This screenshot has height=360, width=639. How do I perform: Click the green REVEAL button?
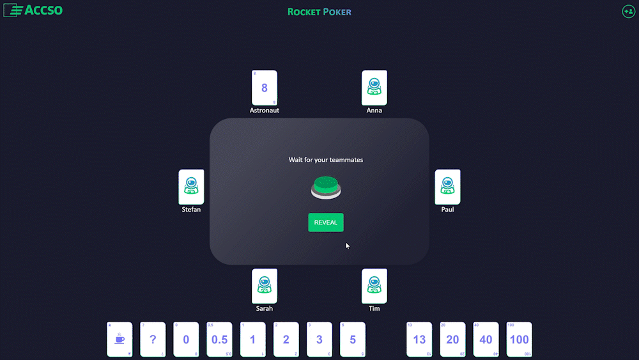[326, 223]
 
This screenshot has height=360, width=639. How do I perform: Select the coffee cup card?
[119, 340]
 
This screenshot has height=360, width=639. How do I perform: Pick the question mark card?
[153, 340]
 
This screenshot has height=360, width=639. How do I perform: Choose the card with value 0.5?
[219, 340]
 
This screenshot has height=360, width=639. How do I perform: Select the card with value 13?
[419, 340]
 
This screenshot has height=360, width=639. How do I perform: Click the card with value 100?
[519, 340]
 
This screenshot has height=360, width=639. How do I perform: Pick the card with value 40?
[486, 340]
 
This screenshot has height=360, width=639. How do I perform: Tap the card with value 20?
[452, 340]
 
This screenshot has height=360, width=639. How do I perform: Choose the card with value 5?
[353, 340]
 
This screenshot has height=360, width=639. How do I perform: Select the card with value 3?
[319, 340]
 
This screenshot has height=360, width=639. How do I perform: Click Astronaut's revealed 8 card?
[265, 88]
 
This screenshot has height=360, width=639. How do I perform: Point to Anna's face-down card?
[374, 88]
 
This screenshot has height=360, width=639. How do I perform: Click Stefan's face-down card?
[191, 187]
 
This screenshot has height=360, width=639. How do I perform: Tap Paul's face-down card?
[447, 187]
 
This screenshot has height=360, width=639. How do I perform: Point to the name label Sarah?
[265, 308]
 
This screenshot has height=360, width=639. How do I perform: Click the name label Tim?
[374, 308]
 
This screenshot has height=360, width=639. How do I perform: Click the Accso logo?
[33, 10]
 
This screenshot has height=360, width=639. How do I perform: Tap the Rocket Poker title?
[319, 12]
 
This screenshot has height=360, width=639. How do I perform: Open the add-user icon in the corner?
[628, 12]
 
